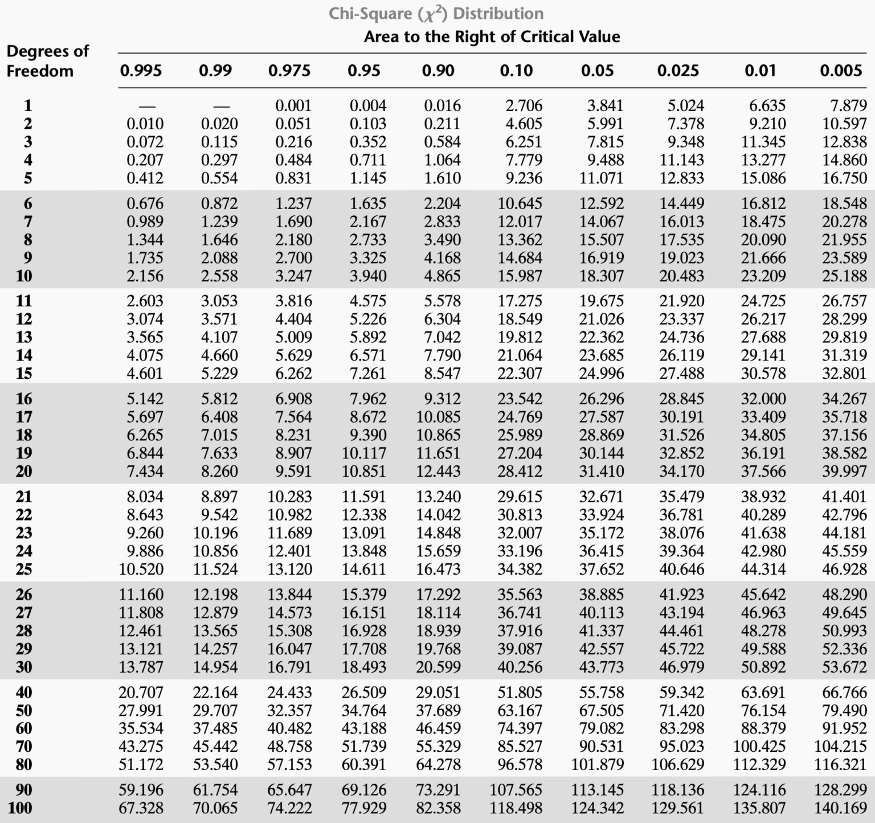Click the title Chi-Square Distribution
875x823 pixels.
[x=436, y=14]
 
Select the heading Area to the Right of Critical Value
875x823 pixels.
[x=492, y=37]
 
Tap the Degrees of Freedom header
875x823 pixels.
[x=47, y=61]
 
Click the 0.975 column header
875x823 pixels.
[x=289, y=71]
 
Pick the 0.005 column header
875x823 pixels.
[x=841, y=71]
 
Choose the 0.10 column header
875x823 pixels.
[x=516, y=71]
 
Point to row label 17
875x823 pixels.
[x=24, y=417]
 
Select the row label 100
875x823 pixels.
[x=21, y=808]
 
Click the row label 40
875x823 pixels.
[x=24, y=693]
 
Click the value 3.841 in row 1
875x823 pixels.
[x=605, y=106]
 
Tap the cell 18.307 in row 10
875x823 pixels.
[x=601, y=276]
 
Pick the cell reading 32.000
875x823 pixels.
[x=763, y=399]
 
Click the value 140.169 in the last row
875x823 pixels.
[x=840, y=808]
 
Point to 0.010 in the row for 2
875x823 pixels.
[x=145, y=124]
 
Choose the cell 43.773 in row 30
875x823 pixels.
[x=601, y=667]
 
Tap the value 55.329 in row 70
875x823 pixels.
[x=438, y=747]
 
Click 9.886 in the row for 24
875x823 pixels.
[x=145, y=551]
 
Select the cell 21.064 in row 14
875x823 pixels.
[x=520, y=355]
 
